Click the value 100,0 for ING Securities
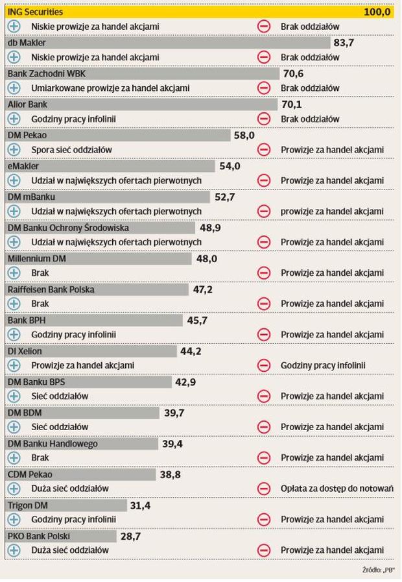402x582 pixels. (377, 12)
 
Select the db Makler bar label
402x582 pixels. (27, 43)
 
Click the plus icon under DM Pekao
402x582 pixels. (14, 150)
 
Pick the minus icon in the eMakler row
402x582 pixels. (264, 180)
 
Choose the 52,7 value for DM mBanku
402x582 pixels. (224, 197)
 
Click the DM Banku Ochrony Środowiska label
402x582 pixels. (68, 228)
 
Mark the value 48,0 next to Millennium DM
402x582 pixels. (206, 258)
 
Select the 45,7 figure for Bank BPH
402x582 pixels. (197, 320)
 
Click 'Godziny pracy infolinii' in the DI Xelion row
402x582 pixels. (323, 365)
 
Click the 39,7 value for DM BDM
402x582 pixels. (174, 412)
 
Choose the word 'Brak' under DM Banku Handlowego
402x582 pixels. (40, 457)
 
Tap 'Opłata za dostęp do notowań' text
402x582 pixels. (337, 488)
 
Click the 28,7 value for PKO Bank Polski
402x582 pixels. (130, 536)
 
